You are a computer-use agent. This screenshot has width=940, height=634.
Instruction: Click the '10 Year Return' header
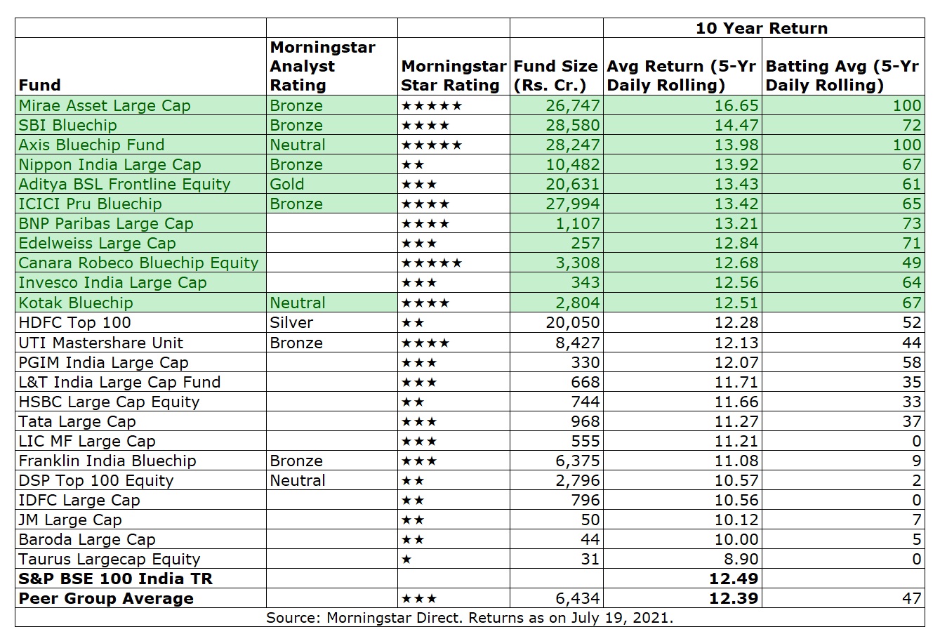(762, 28)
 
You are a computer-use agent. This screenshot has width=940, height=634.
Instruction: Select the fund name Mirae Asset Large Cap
(105, 105)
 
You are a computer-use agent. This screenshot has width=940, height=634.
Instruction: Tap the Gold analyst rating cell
(287, 184)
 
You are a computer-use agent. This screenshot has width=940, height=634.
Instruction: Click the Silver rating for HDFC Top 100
(291, 322)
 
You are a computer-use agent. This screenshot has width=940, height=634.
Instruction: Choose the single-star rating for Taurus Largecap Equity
(406, 560)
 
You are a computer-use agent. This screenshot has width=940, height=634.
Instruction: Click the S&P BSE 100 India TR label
(116, 579)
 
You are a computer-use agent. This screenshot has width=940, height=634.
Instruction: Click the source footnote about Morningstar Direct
(469, 619)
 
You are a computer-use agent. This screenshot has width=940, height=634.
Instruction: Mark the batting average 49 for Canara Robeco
(911, 263)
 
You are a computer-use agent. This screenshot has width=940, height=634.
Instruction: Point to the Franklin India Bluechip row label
(107, 461)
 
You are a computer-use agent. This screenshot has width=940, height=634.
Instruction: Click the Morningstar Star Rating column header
(453, 76)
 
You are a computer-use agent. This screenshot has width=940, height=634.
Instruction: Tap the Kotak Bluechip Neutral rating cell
(298, 303)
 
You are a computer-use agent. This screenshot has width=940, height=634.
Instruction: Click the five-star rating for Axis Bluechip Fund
(431, 145)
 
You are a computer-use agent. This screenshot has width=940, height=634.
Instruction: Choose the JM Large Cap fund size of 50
(590, 520)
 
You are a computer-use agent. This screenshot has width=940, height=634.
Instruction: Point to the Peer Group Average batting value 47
(911, 599)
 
